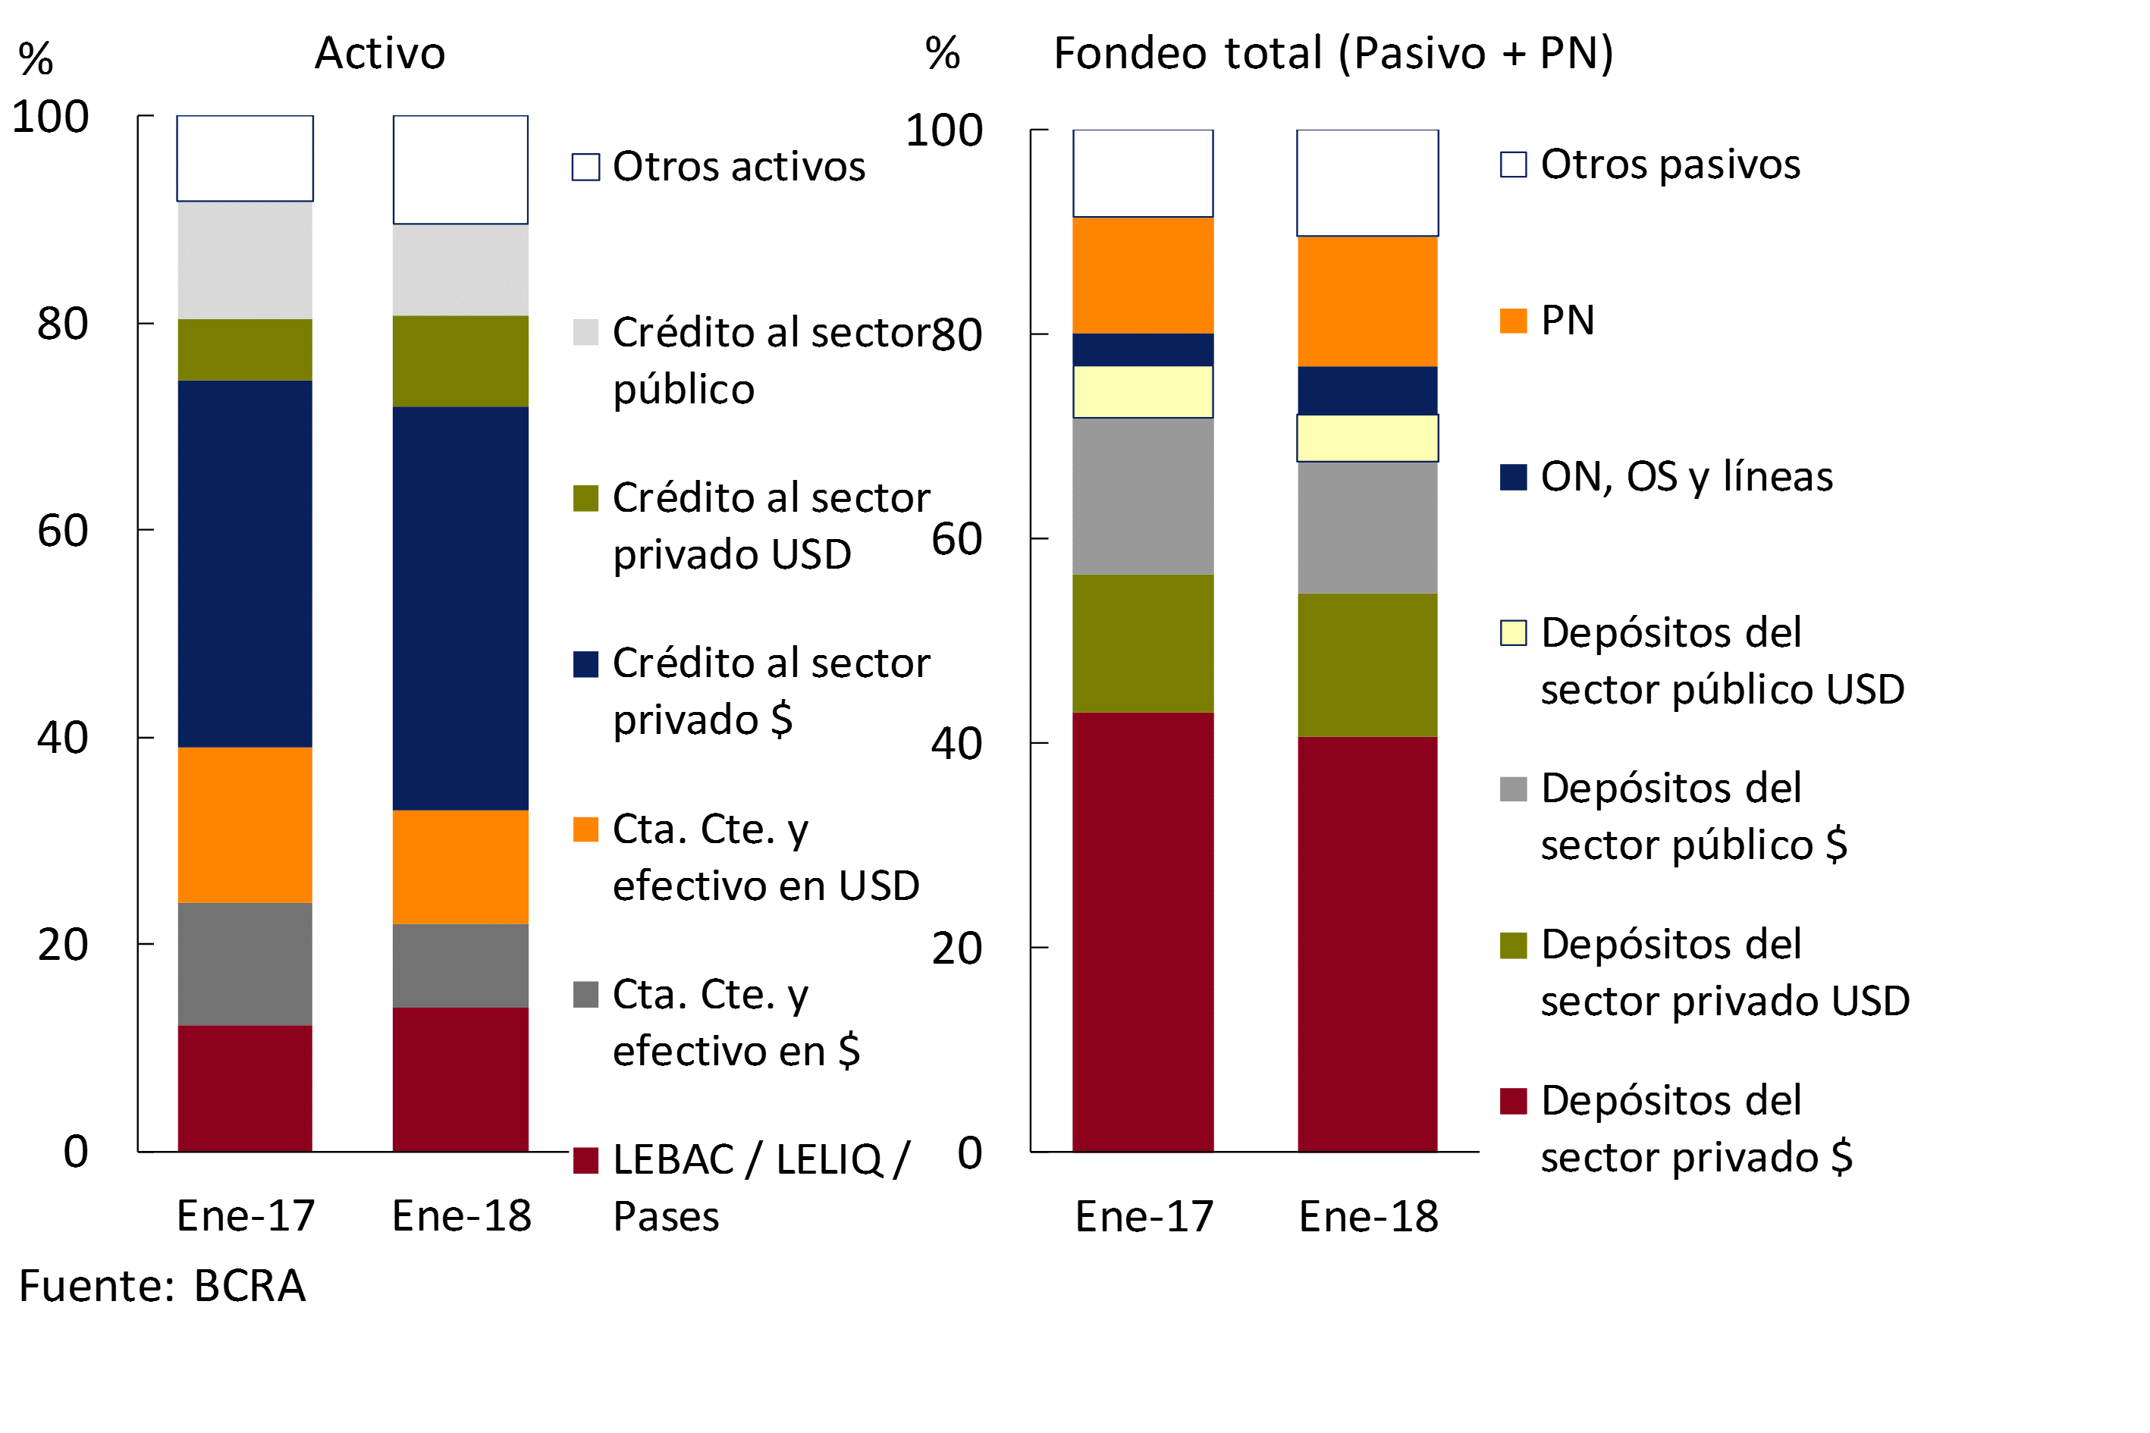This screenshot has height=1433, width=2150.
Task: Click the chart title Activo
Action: (379, 53)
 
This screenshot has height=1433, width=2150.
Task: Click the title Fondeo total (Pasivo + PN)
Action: (1332, 53)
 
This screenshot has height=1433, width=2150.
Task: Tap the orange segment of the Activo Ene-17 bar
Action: (245, 824)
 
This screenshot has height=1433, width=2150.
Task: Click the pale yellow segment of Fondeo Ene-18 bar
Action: (1367, 437)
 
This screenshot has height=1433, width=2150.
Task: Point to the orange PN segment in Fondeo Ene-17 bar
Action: (1143, 275)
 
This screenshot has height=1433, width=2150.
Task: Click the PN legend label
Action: (1567, 321)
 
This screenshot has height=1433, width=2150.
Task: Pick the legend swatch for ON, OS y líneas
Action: (1513, 477)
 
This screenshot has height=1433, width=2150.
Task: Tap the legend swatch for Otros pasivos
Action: (1513, 165)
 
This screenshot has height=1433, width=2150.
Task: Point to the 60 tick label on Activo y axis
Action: (62, 531)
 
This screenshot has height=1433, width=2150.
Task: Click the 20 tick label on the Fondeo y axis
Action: (956, 949)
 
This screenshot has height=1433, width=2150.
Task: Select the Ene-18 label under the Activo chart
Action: (461, 1215)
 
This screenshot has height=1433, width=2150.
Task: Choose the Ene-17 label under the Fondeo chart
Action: (1144, 1216)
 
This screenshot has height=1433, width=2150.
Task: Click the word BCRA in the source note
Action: (250, 1286)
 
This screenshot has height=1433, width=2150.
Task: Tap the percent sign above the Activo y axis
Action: (36, 59)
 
